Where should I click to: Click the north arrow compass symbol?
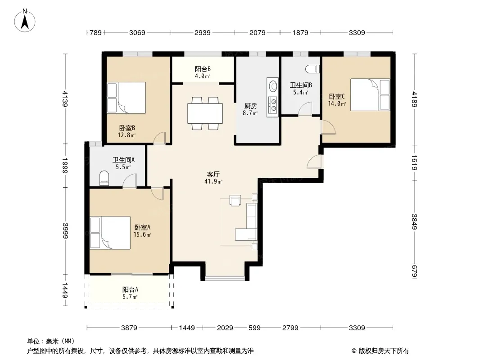click(25, 21)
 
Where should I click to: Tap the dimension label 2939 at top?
click(202, 33)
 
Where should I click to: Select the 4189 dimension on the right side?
click(414, 99)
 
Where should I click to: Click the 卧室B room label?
click(127, 128)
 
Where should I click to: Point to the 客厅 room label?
click(213, 174)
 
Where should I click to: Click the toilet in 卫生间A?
click(104, 178)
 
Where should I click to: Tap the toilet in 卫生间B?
click(312, 69)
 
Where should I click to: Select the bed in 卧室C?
click(370, 94)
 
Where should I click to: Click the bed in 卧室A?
click(110, 233)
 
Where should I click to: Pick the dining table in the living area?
click(205, 113)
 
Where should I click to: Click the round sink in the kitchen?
click(272, 86)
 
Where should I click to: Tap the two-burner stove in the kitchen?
click(272, 104)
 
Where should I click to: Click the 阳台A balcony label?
click(130, 289)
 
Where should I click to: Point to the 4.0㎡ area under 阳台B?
click(202, 76)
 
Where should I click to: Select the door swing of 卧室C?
click(328, 127)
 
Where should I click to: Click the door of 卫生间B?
click(305, 109)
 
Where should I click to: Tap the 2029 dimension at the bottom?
click(225, 328)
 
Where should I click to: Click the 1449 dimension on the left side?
click(64, 290)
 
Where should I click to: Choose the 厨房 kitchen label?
click(251, 106)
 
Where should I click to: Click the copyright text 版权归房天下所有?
click(383, 351)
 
